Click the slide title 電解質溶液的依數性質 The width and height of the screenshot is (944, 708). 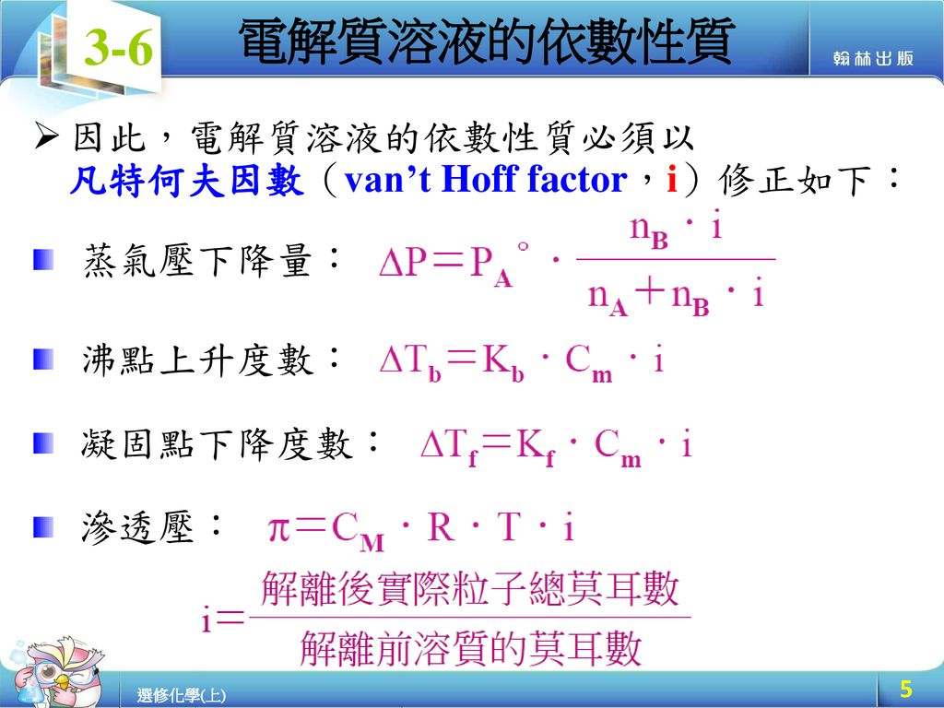click(485, 41)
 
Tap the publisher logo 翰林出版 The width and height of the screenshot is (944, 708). click(873, 59)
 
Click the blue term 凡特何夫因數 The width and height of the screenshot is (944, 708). click(187, 181)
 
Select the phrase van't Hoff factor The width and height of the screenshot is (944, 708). click(485, 181)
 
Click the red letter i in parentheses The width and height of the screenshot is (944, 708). click(671, 181)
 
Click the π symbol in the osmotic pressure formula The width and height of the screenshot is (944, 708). click(279, 530)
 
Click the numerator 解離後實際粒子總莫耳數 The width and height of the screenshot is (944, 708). click(470, 589)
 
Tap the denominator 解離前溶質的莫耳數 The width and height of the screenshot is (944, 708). click(470, 650)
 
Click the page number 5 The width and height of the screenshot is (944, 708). click(905, 689)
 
